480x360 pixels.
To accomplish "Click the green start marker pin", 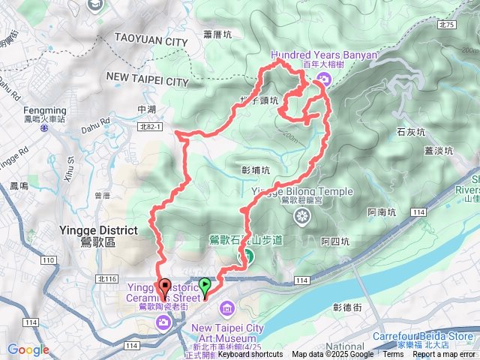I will coord(205,286).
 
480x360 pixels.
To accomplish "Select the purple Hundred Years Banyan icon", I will coord(323,79).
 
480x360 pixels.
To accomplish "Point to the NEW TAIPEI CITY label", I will coord(147,79).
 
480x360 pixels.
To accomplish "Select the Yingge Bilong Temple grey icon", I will coord(302,217).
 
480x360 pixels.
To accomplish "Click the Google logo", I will coord(28,349).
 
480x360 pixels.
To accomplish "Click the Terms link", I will coord(392,355).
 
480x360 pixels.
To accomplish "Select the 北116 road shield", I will coord(107,278).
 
